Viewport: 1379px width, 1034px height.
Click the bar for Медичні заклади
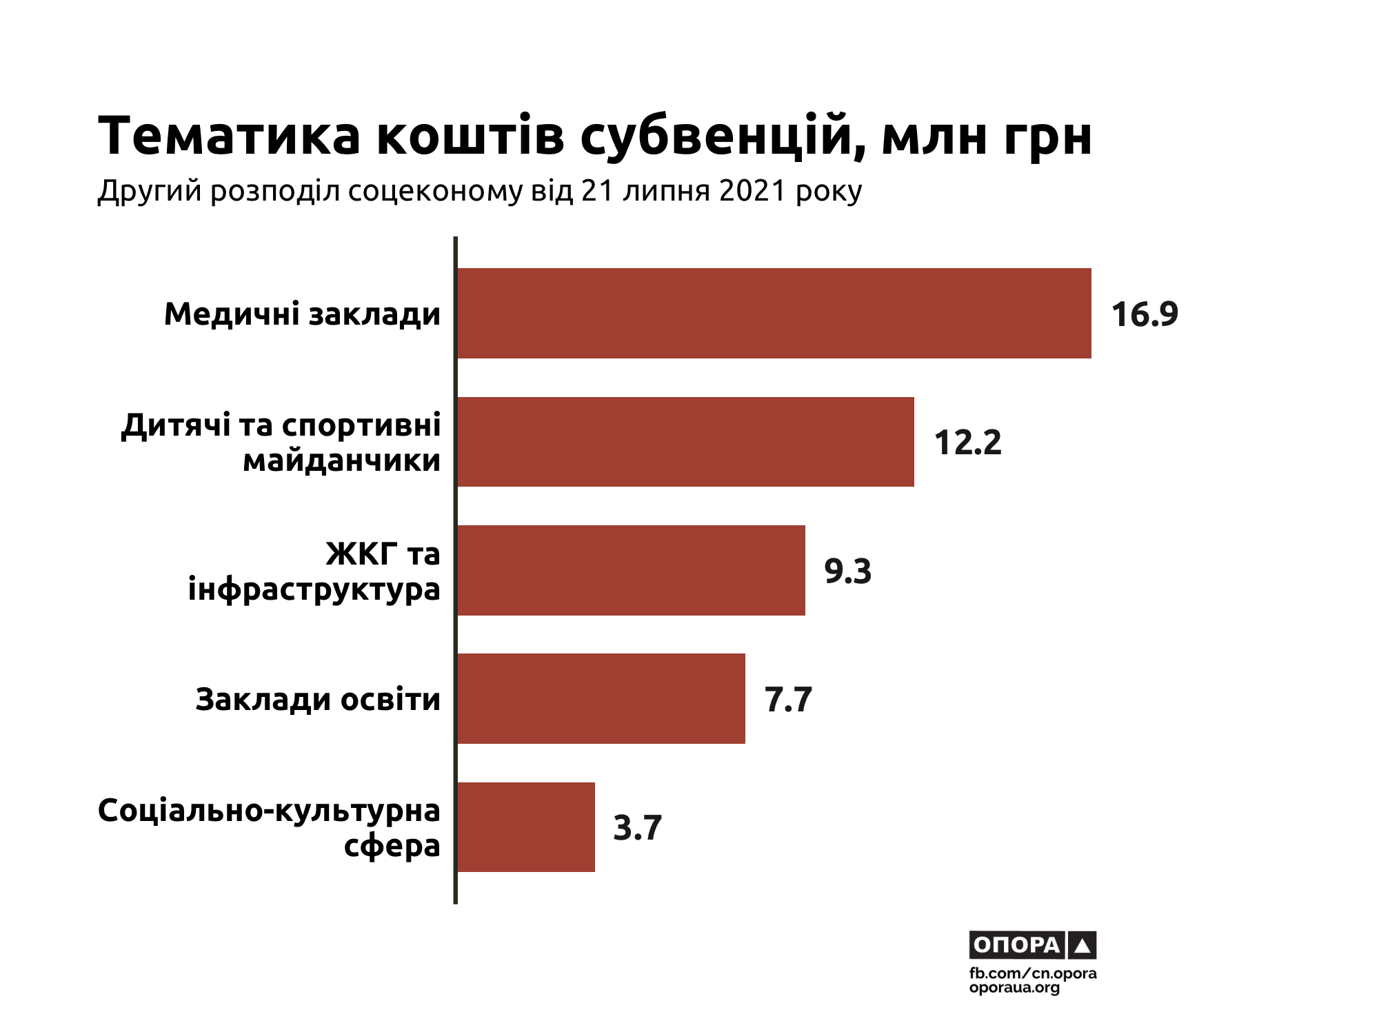(x=774, y=313)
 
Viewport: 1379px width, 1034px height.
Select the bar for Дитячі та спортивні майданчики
(x=685, y=442)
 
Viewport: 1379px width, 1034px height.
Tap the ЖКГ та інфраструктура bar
(x=631, y=570)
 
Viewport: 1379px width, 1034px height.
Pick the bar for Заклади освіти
(x=601, y=698)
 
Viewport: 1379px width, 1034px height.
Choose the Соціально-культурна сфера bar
(x=525, y=827)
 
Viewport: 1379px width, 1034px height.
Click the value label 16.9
(x=1145, y=314)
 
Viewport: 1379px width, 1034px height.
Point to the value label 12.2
(x=967, y=443)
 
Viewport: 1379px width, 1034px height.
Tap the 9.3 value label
(x=848, y=571)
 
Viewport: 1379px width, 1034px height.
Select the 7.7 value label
(x=788, y=700)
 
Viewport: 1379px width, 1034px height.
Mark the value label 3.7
(x=637, y=828)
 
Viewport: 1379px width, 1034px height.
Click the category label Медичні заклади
(x=302, y=314)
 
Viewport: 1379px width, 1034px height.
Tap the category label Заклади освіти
(x=318, y=700)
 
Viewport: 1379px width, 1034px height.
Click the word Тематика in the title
(x=230, y=136)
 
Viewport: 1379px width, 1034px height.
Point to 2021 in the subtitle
(x=752, y=191)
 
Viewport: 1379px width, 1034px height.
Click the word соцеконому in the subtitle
(x=435, y=191)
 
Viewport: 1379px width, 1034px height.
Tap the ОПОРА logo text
(x=1017, y=945)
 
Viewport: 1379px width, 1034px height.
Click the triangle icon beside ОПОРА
(x=1082, y=946)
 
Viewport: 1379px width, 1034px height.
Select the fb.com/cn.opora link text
(x=1032, y=973)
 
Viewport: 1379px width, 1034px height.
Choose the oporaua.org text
(x=1014, y=988)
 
